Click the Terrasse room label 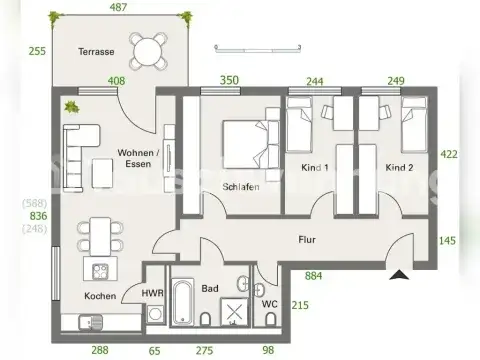98,51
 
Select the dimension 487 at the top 118,8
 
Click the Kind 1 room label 315,167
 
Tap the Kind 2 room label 399,167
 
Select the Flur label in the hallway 307,240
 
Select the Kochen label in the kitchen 99,296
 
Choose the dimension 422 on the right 452,154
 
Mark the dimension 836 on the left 38,215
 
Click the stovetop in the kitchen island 100,271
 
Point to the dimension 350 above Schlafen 230,80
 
